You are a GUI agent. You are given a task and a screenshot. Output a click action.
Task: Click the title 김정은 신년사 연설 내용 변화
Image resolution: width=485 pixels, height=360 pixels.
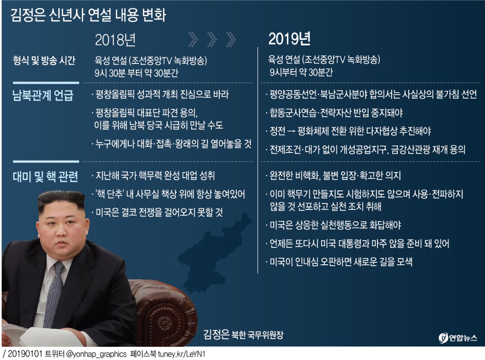88,15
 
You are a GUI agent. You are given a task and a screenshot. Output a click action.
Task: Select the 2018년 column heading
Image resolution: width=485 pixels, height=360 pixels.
115,40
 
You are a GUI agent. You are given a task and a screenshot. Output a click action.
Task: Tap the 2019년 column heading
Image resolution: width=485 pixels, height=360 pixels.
289,39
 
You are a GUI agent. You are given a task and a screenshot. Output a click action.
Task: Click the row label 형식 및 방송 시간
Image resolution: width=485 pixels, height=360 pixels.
44,60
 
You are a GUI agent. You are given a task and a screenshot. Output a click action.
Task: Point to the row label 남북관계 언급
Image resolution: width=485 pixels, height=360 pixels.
43,95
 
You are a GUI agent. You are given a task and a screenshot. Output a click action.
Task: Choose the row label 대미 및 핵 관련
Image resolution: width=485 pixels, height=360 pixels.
45,176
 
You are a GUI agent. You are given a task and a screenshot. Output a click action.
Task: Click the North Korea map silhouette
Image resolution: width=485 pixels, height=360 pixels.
214,252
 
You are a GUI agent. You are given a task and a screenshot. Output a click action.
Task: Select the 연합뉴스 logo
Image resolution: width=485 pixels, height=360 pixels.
458,337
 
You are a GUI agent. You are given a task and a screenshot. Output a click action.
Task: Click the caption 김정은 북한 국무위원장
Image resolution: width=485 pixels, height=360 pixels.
243,334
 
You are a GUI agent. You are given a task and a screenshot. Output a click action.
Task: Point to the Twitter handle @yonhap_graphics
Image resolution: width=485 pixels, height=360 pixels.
96,354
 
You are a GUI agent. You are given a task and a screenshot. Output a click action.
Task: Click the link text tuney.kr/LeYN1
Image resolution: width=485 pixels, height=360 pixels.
181,354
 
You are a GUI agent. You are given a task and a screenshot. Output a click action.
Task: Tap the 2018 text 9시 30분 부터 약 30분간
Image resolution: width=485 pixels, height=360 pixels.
136,73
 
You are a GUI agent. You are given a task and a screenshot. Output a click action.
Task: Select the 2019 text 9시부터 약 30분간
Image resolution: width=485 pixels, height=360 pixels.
301,72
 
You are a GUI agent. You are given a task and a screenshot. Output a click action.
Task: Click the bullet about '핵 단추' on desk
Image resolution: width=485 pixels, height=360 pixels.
169,194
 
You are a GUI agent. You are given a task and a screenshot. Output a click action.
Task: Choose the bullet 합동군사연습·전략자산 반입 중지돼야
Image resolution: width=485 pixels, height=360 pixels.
335,113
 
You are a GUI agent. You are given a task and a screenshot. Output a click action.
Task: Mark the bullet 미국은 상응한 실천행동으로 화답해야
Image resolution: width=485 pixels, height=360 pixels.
334,225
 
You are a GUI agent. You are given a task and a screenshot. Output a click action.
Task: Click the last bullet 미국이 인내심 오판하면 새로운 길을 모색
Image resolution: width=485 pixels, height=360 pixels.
339,261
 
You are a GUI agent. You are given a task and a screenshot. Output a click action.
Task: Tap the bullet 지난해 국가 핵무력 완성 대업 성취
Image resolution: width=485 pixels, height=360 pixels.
154,176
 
